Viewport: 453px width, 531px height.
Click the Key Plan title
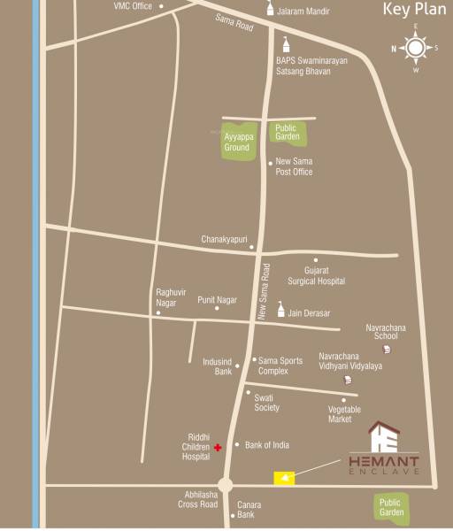coord(413,11)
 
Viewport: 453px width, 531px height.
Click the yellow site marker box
coord(284,479)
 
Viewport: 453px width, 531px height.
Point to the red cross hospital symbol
coord(218,448)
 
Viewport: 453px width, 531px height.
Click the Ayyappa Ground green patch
coord(236,142)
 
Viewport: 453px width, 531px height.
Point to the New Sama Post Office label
coord(295,166)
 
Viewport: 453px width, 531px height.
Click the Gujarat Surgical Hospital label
coord(316,274)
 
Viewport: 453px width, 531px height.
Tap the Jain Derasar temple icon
coord(281,310)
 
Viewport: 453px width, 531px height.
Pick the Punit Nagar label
coord(218,300)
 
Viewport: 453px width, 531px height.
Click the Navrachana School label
coord(386,331)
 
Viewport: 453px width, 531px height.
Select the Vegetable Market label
coord(345,413)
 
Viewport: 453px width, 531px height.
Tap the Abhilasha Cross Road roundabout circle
coord(226,485)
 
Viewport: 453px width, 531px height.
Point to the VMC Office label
coord(133,6)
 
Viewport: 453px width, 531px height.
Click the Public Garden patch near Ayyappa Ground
coord(288,133)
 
